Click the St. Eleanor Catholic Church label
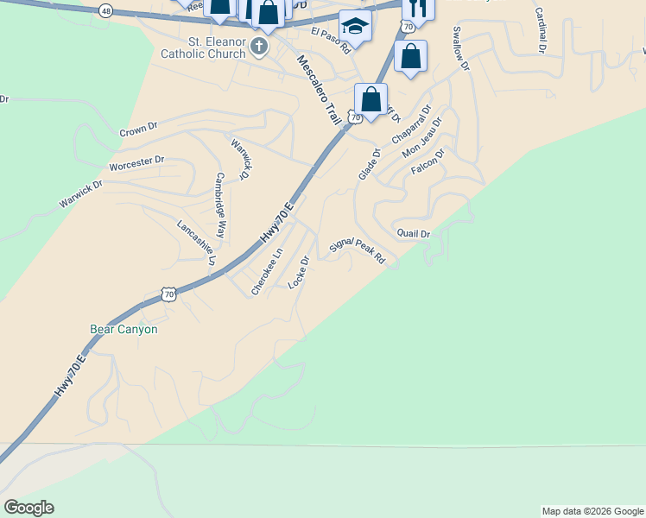[205, 47]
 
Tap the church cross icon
[259, 44]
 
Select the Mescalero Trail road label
[318, 90]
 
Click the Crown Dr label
[138, 129]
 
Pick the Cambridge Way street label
[221, 205]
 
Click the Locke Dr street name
[299, 271]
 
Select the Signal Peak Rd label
[356, 251]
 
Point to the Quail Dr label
[413, 233]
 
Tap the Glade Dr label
[369, 165]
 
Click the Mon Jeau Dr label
[421, 138]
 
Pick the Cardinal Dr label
[540, 31]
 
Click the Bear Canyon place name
[123, 329]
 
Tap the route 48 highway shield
[105, 10]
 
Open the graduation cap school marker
[355, 26]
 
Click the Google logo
[28, 508]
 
